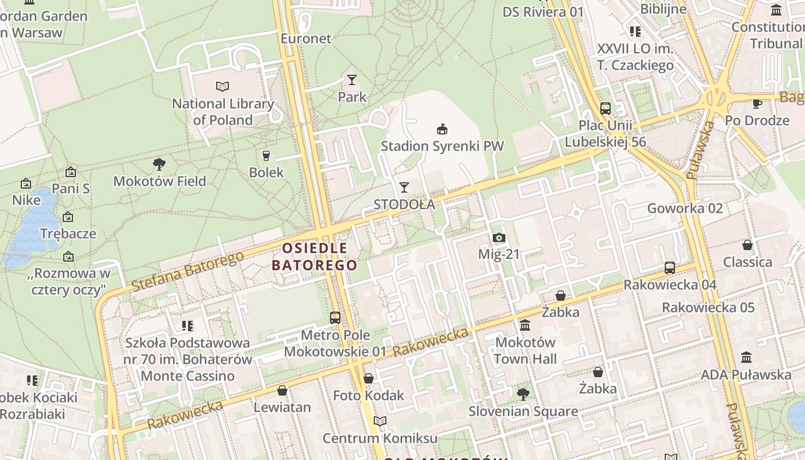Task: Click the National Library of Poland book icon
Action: pos(223,86)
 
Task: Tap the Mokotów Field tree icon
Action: pos(159,164)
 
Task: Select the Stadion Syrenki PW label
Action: pos(442,146)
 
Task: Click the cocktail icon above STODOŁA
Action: pos(404,187)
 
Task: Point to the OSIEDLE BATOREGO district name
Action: pos(315,256)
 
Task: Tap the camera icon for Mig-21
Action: pos(499,237)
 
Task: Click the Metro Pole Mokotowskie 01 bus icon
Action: pos(335,317)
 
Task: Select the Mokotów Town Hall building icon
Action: pos(525,325)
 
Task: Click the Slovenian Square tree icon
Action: pos(523,394)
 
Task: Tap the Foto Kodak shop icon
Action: pos(369,378)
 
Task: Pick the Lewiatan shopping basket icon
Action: pos(282,390)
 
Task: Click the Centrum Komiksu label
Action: pos(379,438)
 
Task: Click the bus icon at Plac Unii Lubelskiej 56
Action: pos(605,108)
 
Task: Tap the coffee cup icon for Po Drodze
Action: pos(757,103)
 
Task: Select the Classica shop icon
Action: pos(747,245)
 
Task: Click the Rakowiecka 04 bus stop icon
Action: pos(670,267)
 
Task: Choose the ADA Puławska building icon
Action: pos(746,358)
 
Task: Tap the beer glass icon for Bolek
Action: pos(266,155)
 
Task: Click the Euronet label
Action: pos(306,39)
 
